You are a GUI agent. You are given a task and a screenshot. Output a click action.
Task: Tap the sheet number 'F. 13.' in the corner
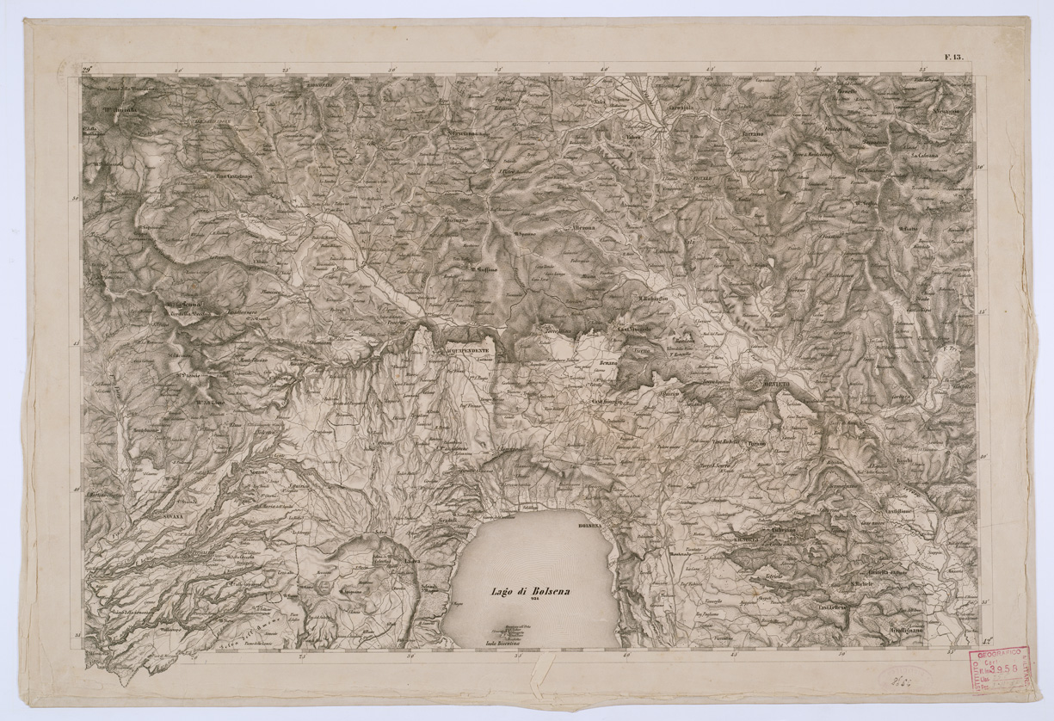pyautogui.click(x=954, y=58)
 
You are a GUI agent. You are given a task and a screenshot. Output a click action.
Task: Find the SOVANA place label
pyautogui.click(x=175, y=510)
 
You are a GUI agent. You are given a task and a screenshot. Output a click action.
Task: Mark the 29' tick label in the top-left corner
pyautogui.click(x=88, y=68)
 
